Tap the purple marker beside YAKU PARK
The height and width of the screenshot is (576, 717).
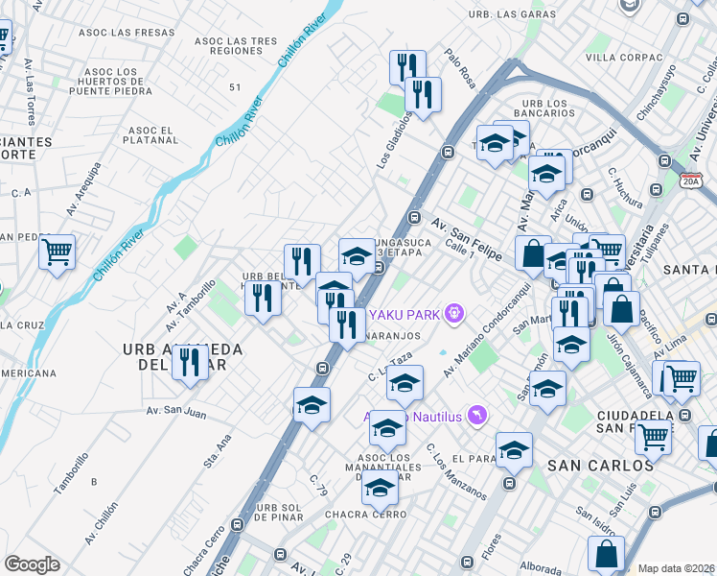click(x=454, y=312)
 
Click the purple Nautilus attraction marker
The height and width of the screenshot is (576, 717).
click(x=478, y=415)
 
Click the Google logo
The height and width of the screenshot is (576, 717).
click(x=32, y=564)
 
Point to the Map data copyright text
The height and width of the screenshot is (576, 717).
click(x=677, y=568)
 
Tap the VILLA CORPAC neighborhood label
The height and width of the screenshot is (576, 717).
click(x=624, y=58)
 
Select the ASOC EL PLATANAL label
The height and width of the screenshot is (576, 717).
click(x=153, y=135)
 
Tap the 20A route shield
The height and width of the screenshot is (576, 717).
click(x=691, y=180)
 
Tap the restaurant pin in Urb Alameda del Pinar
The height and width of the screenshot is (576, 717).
click(x=190, y=363)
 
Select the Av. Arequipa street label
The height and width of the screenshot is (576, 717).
click(x=84, y=188)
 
